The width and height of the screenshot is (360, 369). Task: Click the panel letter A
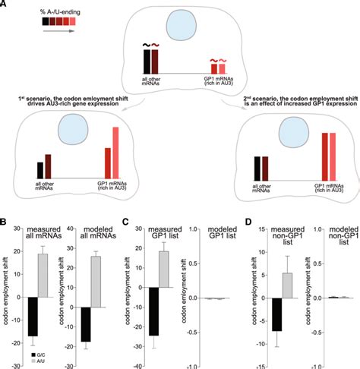5,5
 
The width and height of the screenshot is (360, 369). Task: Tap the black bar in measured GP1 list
156,315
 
